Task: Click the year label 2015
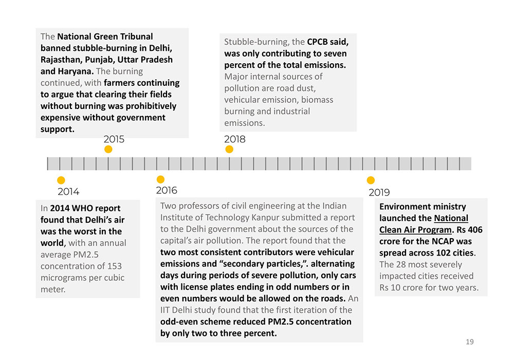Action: [x=114, y=139]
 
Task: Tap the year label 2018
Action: [x=235, y=139]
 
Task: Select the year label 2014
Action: [x=68, y=192]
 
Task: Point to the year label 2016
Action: [x=166, y=191]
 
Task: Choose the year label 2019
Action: [x=379, y=193]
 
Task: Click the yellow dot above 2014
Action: [x=61, y=180]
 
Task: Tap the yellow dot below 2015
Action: [x=108, y=149]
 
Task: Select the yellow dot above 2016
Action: [x=160, y=179]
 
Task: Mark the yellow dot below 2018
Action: [x=229, y=149]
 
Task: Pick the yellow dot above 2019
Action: [x=371, y=180]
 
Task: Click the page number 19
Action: [x=469, y=342]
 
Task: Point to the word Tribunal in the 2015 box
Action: [x=136, y=37]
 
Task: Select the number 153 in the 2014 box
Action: [x=115, y=266]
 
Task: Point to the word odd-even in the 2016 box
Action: [x=179, y=321]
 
